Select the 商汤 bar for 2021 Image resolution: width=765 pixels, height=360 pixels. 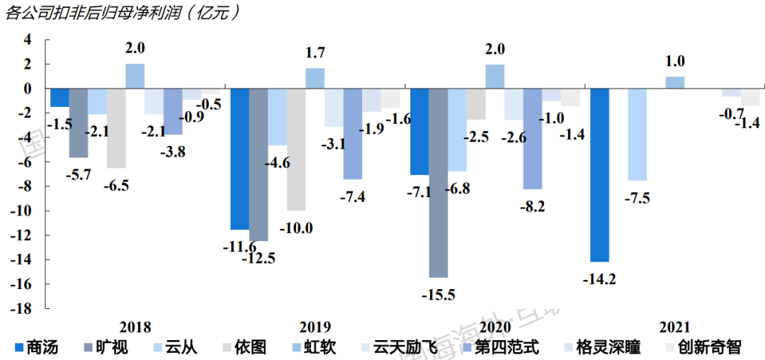[599, 175]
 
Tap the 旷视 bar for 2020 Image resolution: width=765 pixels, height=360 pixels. [438, 183]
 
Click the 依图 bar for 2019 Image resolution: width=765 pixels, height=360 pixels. [296, 150]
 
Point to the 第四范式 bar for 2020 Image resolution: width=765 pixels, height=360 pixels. [533, 139]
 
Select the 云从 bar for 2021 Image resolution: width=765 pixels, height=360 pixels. [637, 135]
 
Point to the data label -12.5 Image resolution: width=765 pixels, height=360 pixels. [259, 259]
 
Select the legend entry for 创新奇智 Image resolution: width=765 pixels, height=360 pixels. [703, 347]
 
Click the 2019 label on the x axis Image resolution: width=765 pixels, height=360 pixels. [315, 327]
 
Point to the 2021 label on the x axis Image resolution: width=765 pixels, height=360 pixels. [675, 327]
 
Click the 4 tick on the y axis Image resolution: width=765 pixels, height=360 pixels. [28, 40]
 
